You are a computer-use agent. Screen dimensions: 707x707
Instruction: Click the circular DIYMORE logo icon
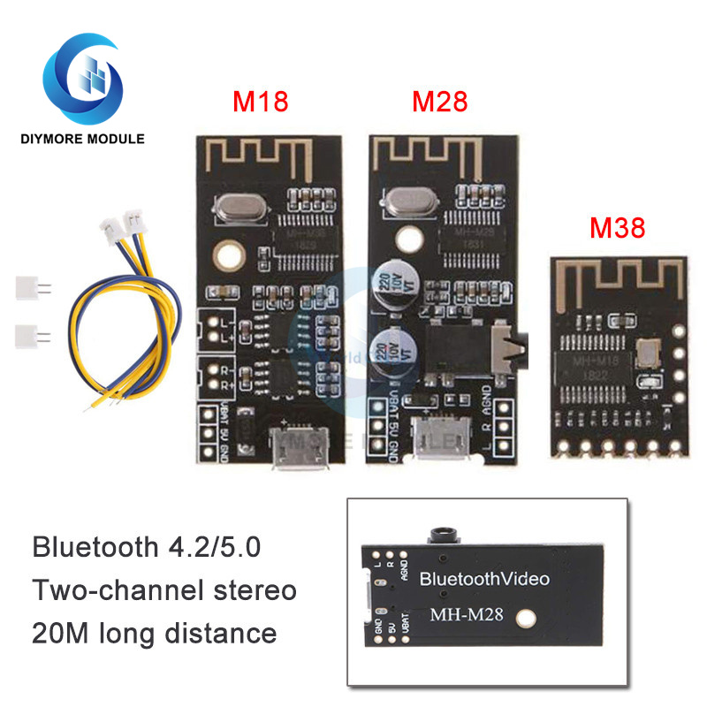pos(86,78)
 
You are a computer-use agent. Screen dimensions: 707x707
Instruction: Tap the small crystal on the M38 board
pos(648,352)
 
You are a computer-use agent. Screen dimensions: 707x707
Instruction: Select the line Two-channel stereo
pos(164,589)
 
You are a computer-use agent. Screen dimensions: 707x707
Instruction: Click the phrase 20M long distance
pos(155,632)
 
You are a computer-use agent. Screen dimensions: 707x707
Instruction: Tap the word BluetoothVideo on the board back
pos(484,579)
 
